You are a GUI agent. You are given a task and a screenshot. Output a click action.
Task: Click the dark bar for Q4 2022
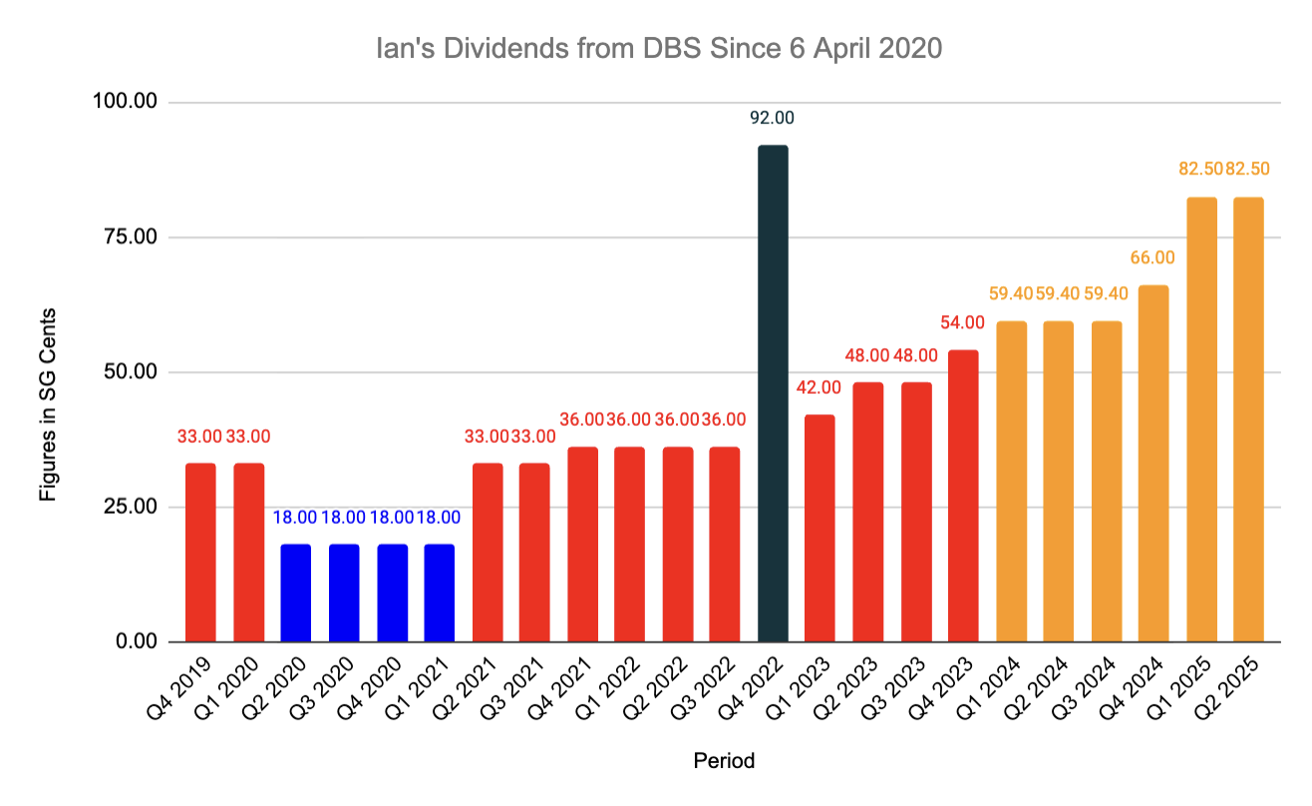(773, 394)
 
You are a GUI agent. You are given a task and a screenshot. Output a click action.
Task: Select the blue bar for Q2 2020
(296, 593)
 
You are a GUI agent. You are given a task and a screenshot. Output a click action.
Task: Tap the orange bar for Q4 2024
(1153, 464)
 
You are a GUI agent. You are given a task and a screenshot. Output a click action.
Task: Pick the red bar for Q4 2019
(200, 553)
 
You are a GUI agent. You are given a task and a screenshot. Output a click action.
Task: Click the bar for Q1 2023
(820, 528)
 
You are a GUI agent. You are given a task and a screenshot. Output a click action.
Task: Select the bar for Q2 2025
(1248, 419)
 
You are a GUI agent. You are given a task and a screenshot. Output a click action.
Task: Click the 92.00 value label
(773, 118)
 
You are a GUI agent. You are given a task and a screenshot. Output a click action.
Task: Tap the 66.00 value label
(1152, 257)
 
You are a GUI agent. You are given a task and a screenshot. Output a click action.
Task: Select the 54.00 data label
(963, 322)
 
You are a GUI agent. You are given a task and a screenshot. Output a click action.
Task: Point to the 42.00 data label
(819, 387)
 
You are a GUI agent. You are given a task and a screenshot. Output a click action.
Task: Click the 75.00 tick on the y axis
(133, 237)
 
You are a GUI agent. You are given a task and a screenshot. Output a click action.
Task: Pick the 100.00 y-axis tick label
(129, 103)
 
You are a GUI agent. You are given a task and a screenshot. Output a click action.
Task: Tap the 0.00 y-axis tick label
(138, 641)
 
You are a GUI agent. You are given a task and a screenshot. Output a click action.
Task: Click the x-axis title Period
(724, 761)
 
